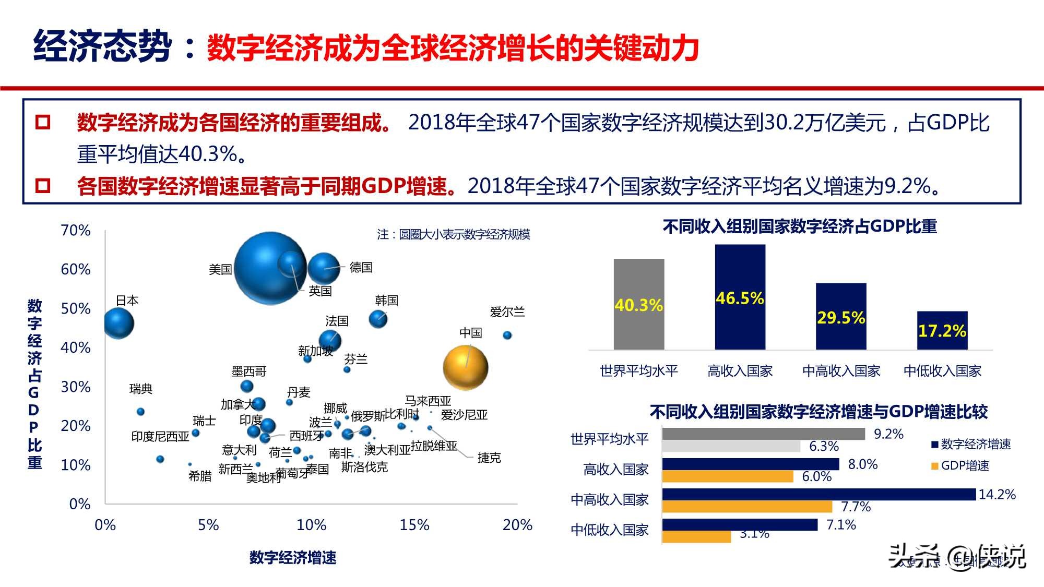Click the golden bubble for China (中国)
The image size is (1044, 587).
465,367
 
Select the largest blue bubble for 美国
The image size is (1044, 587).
269,268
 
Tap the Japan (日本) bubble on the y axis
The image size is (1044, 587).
118,324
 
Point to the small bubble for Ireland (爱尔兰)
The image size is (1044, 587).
507,335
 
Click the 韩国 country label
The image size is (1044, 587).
387,301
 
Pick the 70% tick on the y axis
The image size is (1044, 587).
76,230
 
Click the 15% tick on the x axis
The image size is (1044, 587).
414,525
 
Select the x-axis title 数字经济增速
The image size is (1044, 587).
292,558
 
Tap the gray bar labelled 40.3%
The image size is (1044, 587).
639,304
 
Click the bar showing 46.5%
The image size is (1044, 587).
740,297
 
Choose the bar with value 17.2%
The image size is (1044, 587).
942,330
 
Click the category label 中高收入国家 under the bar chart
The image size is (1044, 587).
841,371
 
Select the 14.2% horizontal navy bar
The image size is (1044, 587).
818,494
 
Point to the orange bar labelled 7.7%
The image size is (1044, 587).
746,507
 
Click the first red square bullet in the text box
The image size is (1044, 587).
42,123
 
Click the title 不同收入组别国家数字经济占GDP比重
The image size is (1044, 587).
800,226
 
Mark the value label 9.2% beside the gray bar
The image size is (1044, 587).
888,434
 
